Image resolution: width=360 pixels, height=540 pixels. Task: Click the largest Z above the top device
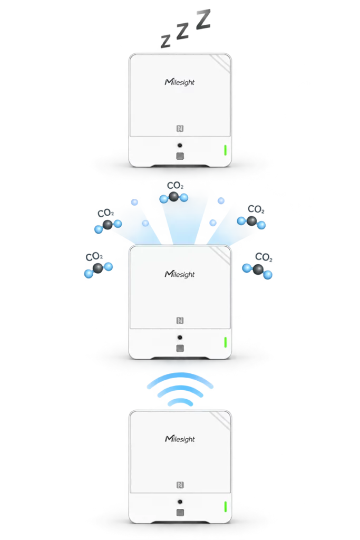tap(203, 20)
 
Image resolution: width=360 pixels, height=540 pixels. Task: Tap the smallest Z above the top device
tap(166, 41)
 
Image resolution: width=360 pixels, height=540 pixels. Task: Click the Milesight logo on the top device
tap(180, 82)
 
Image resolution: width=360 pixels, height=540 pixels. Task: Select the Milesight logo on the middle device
tap(180, 274)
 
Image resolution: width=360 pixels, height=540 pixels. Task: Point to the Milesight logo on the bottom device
tap(180, 439)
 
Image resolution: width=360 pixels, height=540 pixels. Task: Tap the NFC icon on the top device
tap(180, 129)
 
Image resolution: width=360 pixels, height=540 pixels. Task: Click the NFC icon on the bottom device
tap(180, 485)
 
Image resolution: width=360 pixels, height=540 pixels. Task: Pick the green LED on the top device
tap(226, 150)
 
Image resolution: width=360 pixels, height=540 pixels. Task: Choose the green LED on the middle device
tap(226, 342)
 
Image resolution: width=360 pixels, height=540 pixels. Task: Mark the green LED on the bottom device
tap(226, 507)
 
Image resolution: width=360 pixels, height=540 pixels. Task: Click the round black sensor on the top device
tap(180, 146)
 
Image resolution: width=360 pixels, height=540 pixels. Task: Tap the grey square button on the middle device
tap(180, 348)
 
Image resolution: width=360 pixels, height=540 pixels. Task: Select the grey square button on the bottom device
tap(180, 513)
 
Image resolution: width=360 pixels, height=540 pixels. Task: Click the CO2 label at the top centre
tap(175, 186)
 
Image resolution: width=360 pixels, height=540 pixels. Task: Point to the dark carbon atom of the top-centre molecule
tap(174, 197)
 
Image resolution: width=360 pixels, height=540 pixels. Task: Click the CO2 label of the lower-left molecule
tap(94, 257)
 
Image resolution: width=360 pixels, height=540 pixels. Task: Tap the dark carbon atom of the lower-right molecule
tap(258, 269)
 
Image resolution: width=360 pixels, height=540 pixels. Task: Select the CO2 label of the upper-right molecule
tap(256, 209)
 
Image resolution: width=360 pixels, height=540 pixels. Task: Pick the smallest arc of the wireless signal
tap(180, 401)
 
